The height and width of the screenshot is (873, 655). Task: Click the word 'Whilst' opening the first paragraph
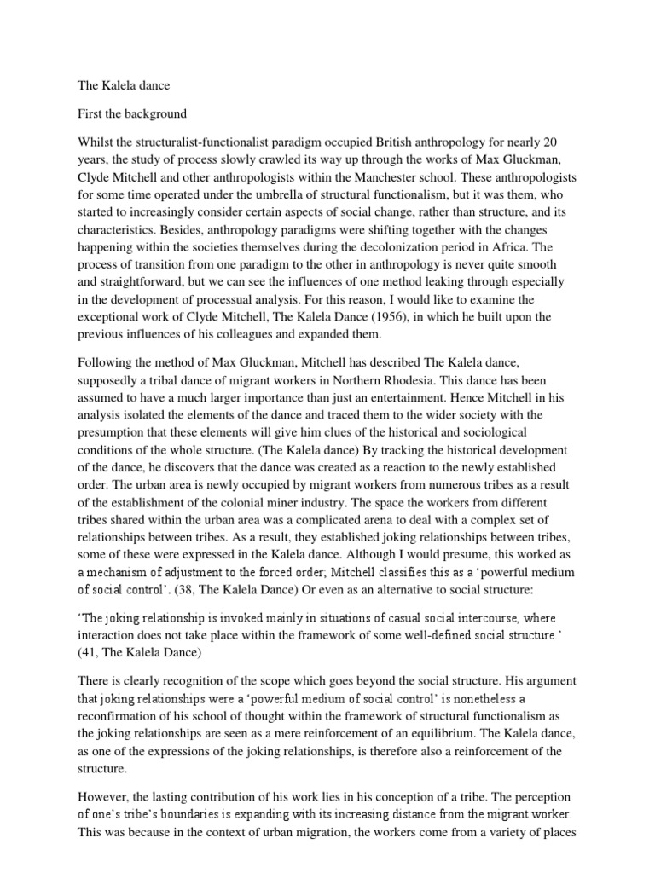85,141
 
